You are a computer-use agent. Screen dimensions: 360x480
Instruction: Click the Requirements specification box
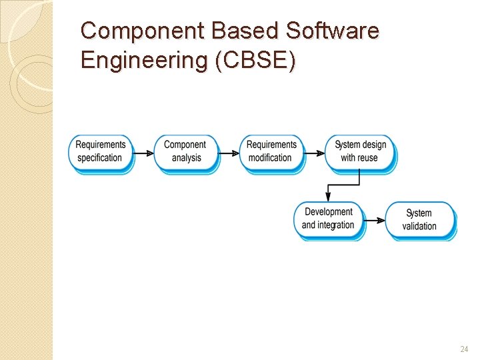pyautogui.click(x=101, y=152)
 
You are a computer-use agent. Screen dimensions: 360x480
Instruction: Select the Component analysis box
pyautogui.click(x=185, y=152)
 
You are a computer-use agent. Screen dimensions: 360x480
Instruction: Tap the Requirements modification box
pyautogui.click(x=271, y=152)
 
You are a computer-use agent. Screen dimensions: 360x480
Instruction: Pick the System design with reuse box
pyautogui.click(x=359, y=152)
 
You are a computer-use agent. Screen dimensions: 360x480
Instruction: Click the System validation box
pyautogui.click(x=419, y=220)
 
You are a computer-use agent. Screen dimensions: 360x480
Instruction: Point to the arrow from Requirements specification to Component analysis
pyautogui.click(x=143, y=153)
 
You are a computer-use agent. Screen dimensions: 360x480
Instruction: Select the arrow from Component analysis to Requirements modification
pyautogui.click(x=229, y=153)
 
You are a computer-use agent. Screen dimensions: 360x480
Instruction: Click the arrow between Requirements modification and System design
pyautogui.click(x=314, y=153)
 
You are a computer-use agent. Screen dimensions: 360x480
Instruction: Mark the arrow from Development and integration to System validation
pyautogui.click(x=375, y=220)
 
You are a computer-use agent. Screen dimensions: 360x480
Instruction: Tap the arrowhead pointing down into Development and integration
pyautogui.click(x=328, y=196)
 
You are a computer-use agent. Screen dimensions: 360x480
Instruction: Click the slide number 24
pyautogui.click(x=464, y=349)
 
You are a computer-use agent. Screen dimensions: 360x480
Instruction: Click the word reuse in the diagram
pyautogui.click(x=369, y=159)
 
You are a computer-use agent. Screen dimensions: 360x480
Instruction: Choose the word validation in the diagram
pyautogui.click(x=419, y=227)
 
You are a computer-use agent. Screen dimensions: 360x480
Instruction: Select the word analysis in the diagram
pyautogui.click(x=186, y=159)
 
